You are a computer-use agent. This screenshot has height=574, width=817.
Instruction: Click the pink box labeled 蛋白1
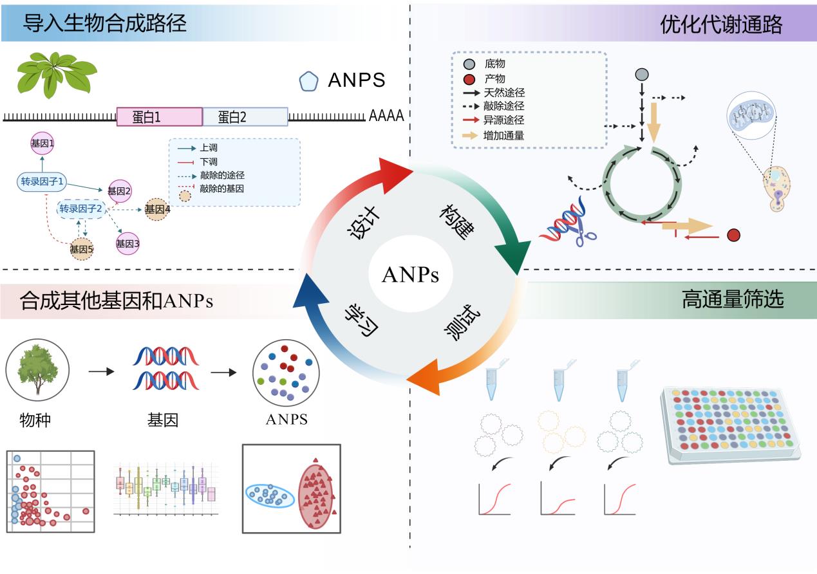160,116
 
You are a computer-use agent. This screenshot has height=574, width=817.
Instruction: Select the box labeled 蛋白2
245,116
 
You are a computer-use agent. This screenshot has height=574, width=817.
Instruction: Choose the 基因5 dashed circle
82,249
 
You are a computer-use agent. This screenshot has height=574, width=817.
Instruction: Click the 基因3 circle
127,244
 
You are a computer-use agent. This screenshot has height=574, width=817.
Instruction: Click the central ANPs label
410,275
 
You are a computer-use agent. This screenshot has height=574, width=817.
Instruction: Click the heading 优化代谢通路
721,24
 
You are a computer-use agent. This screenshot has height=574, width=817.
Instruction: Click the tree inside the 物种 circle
37,369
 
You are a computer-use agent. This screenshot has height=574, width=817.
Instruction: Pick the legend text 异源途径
503,120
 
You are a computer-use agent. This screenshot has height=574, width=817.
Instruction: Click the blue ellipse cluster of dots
270,495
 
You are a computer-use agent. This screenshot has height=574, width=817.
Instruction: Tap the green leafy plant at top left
56,73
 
